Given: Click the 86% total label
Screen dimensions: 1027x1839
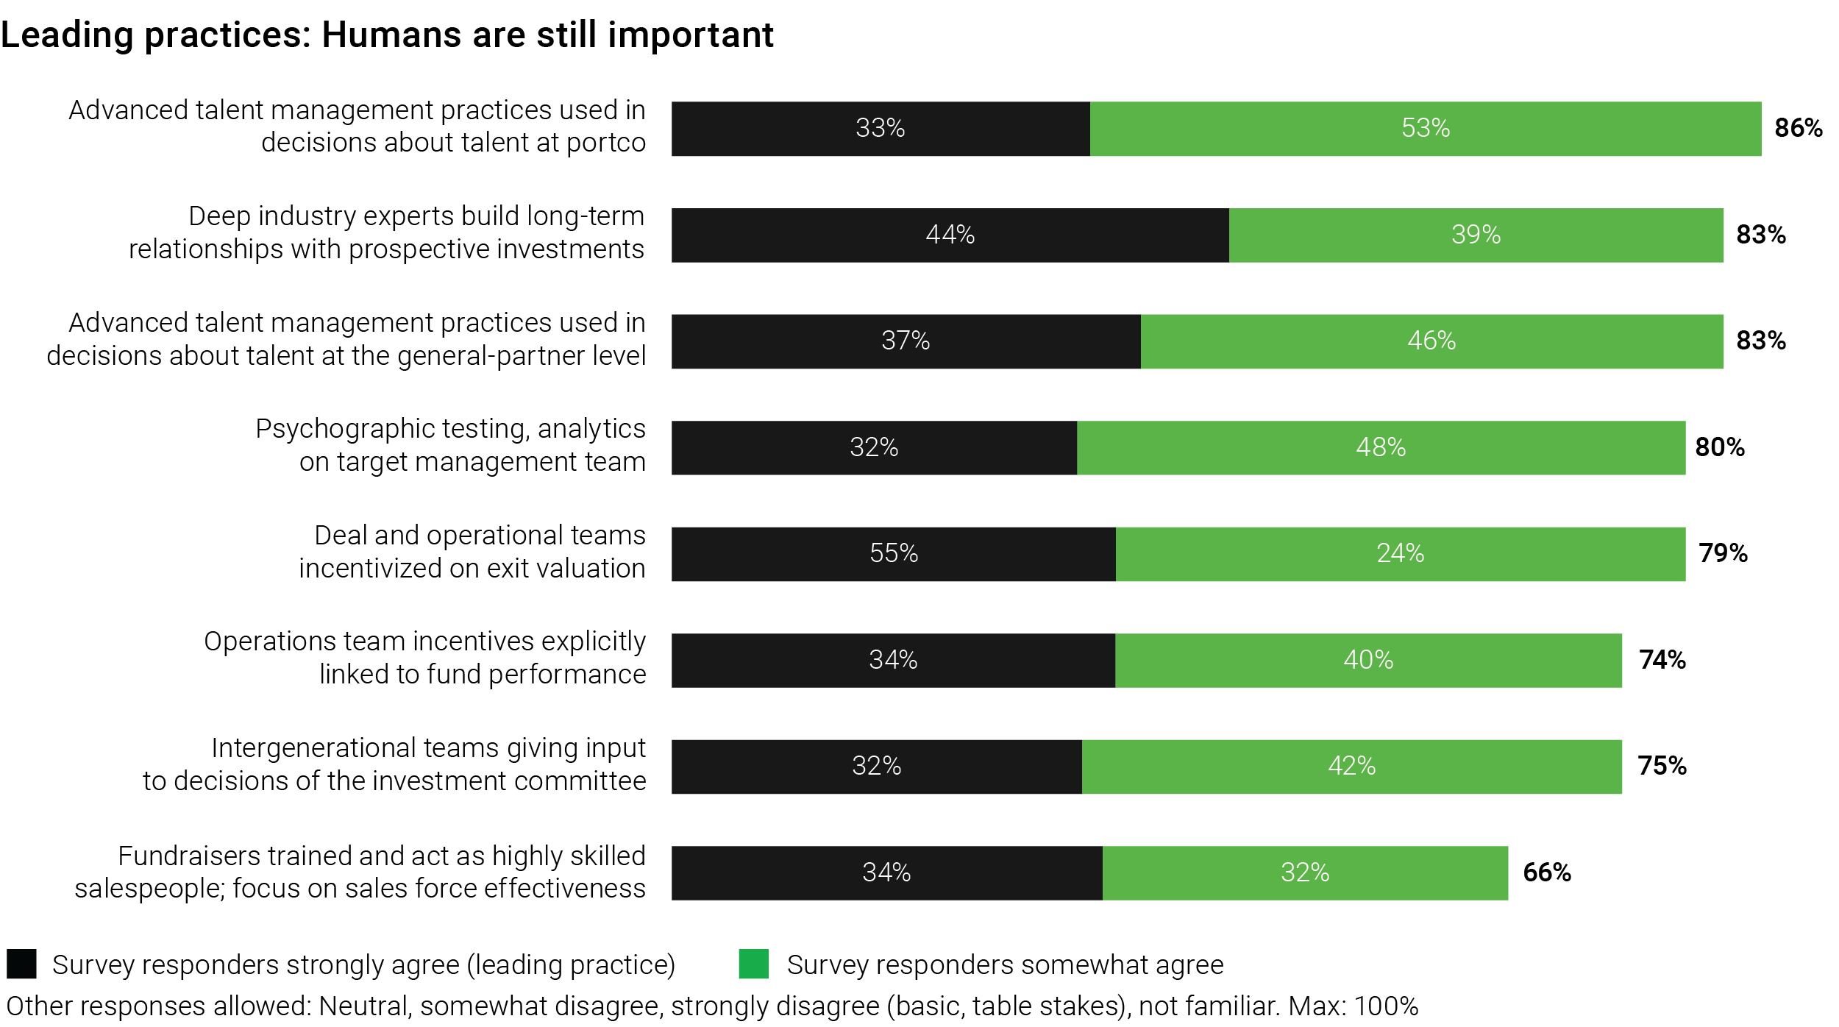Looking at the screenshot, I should coord(1798,128).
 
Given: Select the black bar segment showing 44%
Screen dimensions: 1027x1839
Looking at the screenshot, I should coord(950,235).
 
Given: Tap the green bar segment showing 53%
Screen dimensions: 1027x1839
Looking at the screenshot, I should coord(1425,128).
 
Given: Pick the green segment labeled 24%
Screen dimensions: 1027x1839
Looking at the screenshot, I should coord(1400,553).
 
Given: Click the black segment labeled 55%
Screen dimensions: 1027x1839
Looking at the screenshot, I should coord(893,553).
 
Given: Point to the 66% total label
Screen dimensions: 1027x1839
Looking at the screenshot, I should coord(1546,873).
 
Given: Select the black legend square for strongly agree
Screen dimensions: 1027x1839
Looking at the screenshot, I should coord(21,964).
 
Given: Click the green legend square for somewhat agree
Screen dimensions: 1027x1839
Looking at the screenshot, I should coord(753,964).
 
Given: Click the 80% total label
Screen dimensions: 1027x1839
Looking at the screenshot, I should coord(1719,447).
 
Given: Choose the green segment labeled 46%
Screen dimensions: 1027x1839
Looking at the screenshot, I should coord(1431,341).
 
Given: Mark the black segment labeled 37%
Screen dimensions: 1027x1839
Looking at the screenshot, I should coord(906,341).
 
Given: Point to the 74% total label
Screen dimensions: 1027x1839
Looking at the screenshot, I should coord(1662,660).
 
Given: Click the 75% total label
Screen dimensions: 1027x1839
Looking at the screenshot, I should coord(1662,766).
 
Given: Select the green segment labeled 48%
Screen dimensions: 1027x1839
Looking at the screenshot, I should coord(1381,447).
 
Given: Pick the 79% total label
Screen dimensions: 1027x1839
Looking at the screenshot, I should coord(1723,553).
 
